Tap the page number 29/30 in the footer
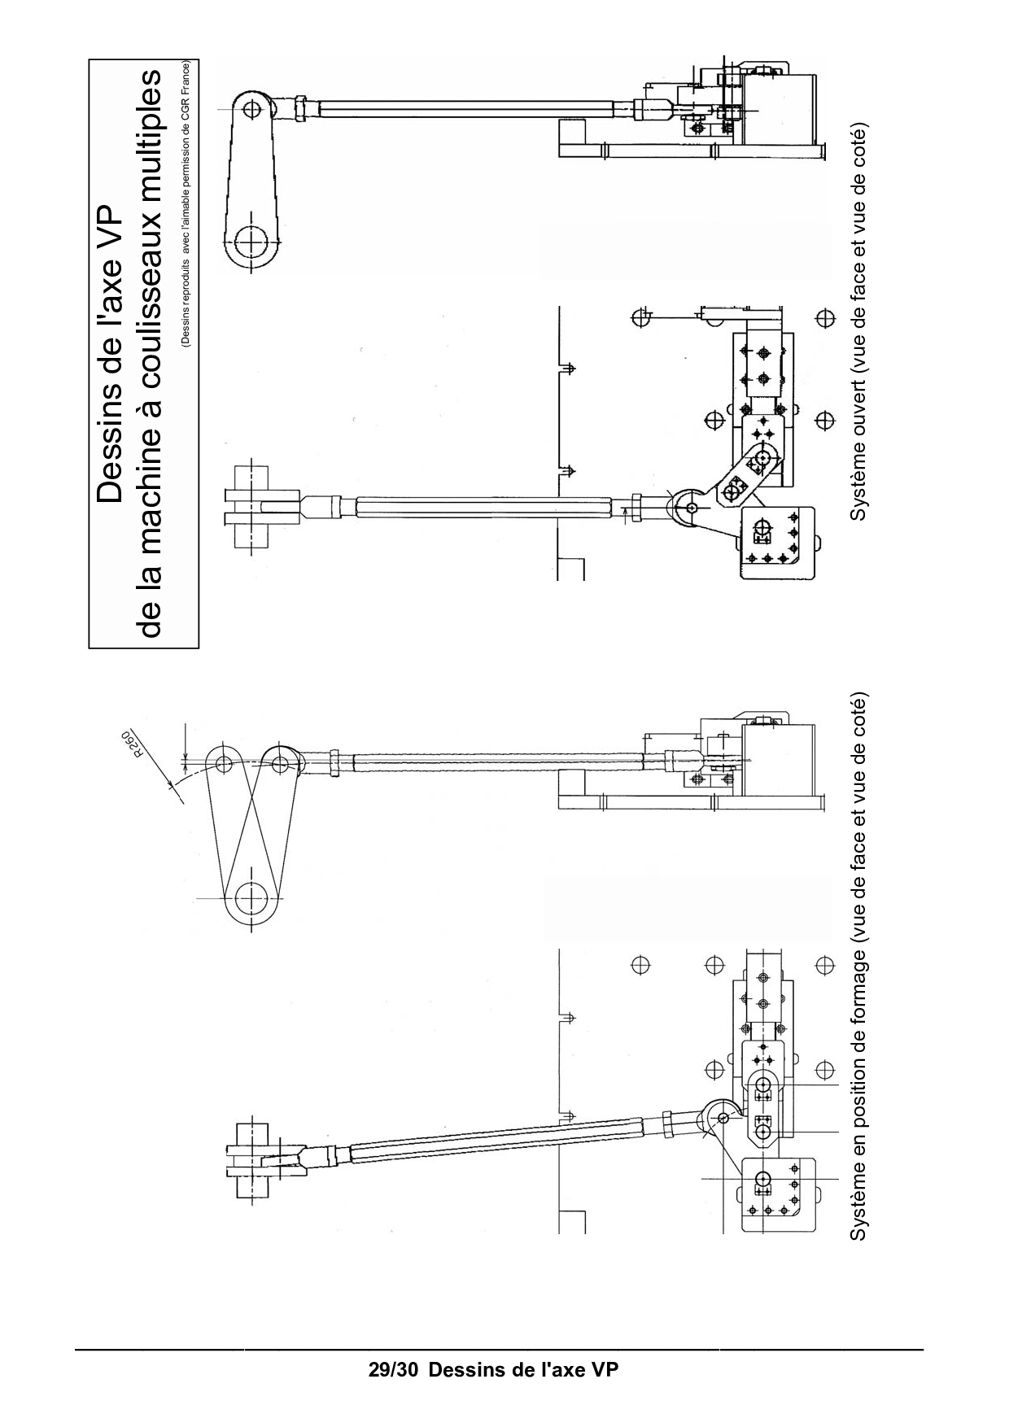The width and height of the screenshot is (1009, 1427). coord(394,1369)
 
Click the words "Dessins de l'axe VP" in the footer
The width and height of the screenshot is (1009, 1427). coord(523,1369)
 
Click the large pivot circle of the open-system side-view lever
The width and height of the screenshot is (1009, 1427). coord(252,240)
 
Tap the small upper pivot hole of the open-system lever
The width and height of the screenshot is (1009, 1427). coord(252,107)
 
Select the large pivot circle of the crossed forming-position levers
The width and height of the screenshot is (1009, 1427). coord(252,899)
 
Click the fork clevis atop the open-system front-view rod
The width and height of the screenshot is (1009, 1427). coord(264,506)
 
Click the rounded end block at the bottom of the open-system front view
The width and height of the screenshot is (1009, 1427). coord(776,543)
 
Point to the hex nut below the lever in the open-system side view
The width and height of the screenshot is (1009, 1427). coord(301,107)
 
